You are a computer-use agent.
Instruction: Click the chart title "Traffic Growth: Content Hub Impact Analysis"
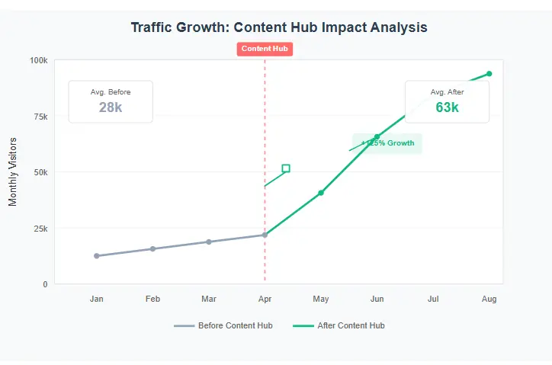(x=279, y=27)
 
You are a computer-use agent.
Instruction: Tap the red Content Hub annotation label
(x=265, y=49)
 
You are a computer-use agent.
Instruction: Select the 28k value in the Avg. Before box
(x=111, y=107)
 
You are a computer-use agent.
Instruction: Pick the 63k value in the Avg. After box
(x=447, y=107)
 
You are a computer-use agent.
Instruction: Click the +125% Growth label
(x=387, y=143)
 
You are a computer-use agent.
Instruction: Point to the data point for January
(x=97, y=256)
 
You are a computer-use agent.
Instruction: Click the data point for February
(x=152, y=248)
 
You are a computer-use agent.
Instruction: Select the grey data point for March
(x=209, y=242)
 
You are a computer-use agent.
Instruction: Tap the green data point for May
(x=321, y=193)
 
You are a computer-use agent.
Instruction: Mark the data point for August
(x=489, y=74)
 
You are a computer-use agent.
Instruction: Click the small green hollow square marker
(x=286, y=168)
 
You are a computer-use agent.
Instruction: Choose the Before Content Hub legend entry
(x=223, y=325)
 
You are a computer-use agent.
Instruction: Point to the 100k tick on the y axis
(x=38, y=60)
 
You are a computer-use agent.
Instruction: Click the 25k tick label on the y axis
(x=40, y=229)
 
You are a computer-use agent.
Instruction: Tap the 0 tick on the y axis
(x=45, y=284)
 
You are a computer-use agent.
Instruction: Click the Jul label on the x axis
(x=433, y=299)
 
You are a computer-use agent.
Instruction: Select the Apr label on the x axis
(x=265, y=299)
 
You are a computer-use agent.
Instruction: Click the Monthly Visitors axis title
(x=12, y=171)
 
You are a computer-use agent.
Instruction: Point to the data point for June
(x=377, y=137)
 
